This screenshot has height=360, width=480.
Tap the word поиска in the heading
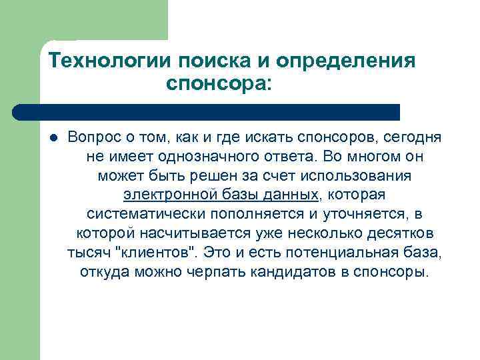(212, 61)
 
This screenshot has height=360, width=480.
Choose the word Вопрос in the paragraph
(92, 137)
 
